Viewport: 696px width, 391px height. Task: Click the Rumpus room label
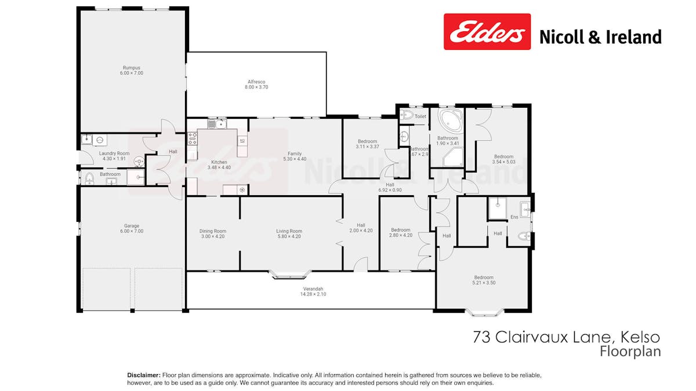point(132,67)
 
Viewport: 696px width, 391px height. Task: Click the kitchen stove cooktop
point(192,138)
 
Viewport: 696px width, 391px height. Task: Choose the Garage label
point(132,226)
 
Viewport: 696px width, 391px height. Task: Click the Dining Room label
point(212,231)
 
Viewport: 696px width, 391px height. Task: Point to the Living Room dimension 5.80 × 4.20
point(289,236)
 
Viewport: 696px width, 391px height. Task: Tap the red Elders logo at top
point(487,32)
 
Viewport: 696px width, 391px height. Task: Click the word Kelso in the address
point(640,337)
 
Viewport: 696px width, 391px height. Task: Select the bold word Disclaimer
point(144,375)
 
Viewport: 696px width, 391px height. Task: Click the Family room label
point(294,154)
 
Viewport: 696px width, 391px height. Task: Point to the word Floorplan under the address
point(630,351)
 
